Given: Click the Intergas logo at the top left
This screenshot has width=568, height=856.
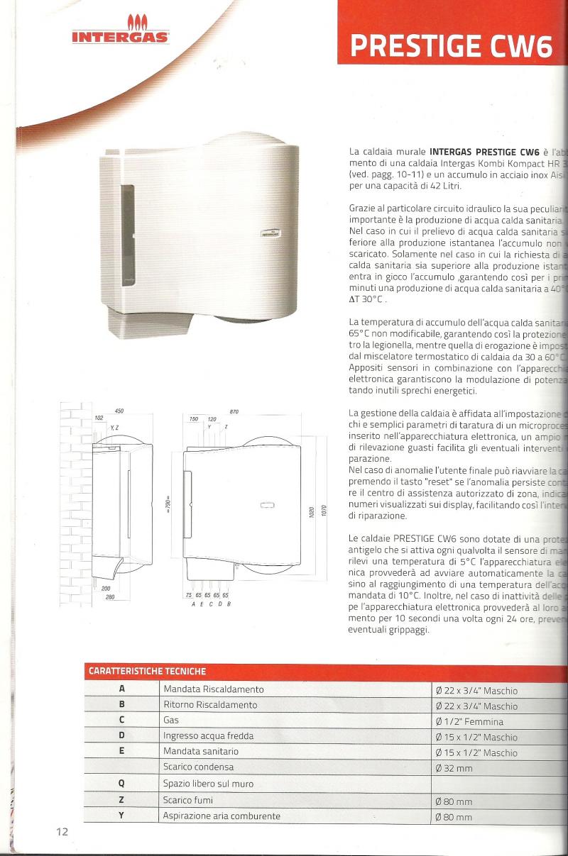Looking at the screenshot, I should coord(119,33).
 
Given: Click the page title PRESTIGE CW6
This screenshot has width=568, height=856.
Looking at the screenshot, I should coord(451,46).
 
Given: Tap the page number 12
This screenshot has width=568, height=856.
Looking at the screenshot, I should coord(62,831).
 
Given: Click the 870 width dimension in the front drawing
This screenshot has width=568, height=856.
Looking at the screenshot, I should coord(234,412).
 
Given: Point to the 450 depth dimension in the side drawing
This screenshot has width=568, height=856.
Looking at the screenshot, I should coord(119,412).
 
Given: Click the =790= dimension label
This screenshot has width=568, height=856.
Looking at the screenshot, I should coord(168,490).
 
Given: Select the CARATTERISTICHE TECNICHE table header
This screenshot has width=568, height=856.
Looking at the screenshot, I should coord(147,670).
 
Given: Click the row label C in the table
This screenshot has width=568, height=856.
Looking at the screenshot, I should coord(121,721).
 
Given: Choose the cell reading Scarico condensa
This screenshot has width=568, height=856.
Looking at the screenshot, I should coord(198,767).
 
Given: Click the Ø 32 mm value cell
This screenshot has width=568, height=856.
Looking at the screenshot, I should coord(454,768).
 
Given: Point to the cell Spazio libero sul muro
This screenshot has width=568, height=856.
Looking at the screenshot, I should coord(208,784).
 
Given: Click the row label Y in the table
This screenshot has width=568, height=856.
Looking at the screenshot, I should coord(121,816).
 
